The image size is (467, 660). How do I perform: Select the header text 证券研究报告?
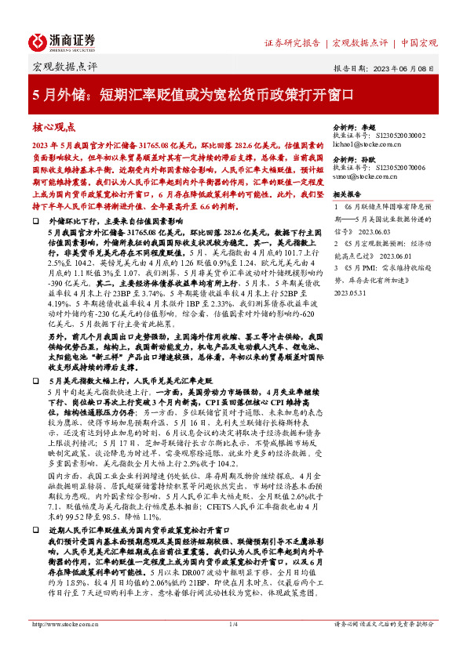tap(292, 42)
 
